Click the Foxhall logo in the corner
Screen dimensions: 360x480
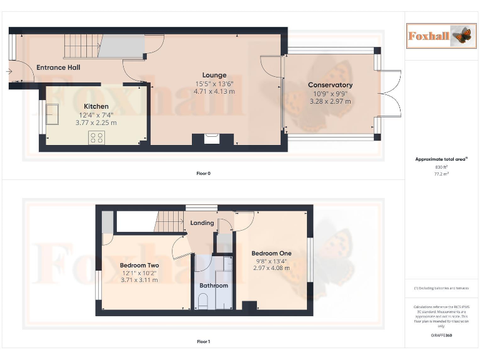pos(439,36)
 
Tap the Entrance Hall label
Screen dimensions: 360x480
pos(58,67)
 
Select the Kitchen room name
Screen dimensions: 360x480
pos(96,107)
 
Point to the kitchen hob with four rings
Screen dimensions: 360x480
pos(97,138)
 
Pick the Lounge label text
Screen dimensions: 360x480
pos(214,76)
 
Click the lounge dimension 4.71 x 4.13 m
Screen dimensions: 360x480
pos(214,91)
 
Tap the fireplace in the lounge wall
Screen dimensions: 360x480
pos(211,138)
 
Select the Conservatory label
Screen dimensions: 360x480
pos(330,85)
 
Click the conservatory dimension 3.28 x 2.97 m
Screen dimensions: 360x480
pos(330,101)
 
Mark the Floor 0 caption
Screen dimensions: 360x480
pos(203,173)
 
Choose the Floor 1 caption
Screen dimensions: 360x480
pos(203,342)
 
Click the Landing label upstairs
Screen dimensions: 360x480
pos(202,223)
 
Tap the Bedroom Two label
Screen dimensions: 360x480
pos(139,266)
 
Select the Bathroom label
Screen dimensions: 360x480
pos(214,286)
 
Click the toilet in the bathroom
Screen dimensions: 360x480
pos(202,302)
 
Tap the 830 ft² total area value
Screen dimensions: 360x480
pos(442,167)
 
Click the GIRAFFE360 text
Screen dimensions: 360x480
pos(442,336)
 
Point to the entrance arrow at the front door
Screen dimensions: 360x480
pos(9,72)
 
